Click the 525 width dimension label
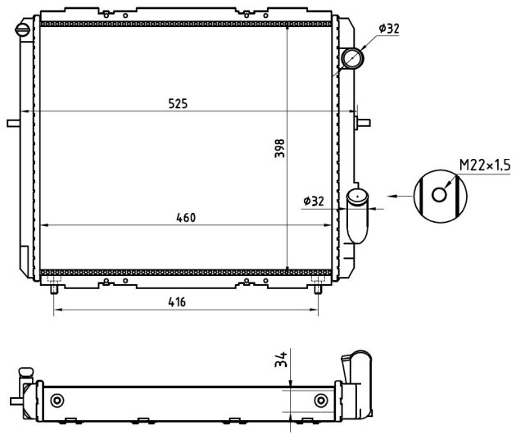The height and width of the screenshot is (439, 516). click(178, 104)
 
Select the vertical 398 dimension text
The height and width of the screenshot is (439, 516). click(280, 148)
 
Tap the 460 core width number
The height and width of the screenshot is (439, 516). click(186, 218)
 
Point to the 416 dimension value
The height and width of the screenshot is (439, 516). click(177, 301)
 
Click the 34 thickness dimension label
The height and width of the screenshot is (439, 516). click(281, 360)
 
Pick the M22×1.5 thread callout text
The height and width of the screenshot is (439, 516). click(485, 165)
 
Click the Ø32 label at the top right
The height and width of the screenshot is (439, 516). click(389, 29)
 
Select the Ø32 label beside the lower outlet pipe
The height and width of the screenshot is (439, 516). click(314, 201)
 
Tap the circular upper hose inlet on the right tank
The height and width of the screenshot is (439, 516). click(352, 58)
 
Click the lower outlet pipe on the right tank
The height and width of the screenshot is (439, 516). click(357, 215)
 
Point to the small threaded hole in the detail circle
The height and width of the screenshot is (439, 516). click(439, 195)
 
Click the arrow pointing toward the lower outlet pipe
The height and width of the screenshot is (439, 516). click(400, 196)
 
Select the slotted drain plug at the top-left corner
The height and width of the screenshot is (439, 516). click(23, 29)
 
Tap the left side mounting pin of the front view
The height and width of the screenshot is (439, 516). click(13, 123)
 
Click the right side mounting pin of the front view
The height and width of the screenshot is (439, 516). click(364, 123)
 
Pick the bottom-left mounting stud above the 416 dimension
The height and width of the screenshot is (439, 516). click(53, 289)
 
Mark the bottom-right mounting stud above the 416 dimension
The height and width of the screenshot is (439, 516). click(318, 289)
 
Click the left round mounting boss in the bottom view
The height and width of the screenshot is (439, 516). click(57, 401)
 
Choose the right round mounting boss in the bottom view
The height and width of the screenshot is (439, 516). click(321, 401)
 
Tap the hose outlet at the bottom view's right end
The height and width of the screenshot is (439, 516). click(359, 383)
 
